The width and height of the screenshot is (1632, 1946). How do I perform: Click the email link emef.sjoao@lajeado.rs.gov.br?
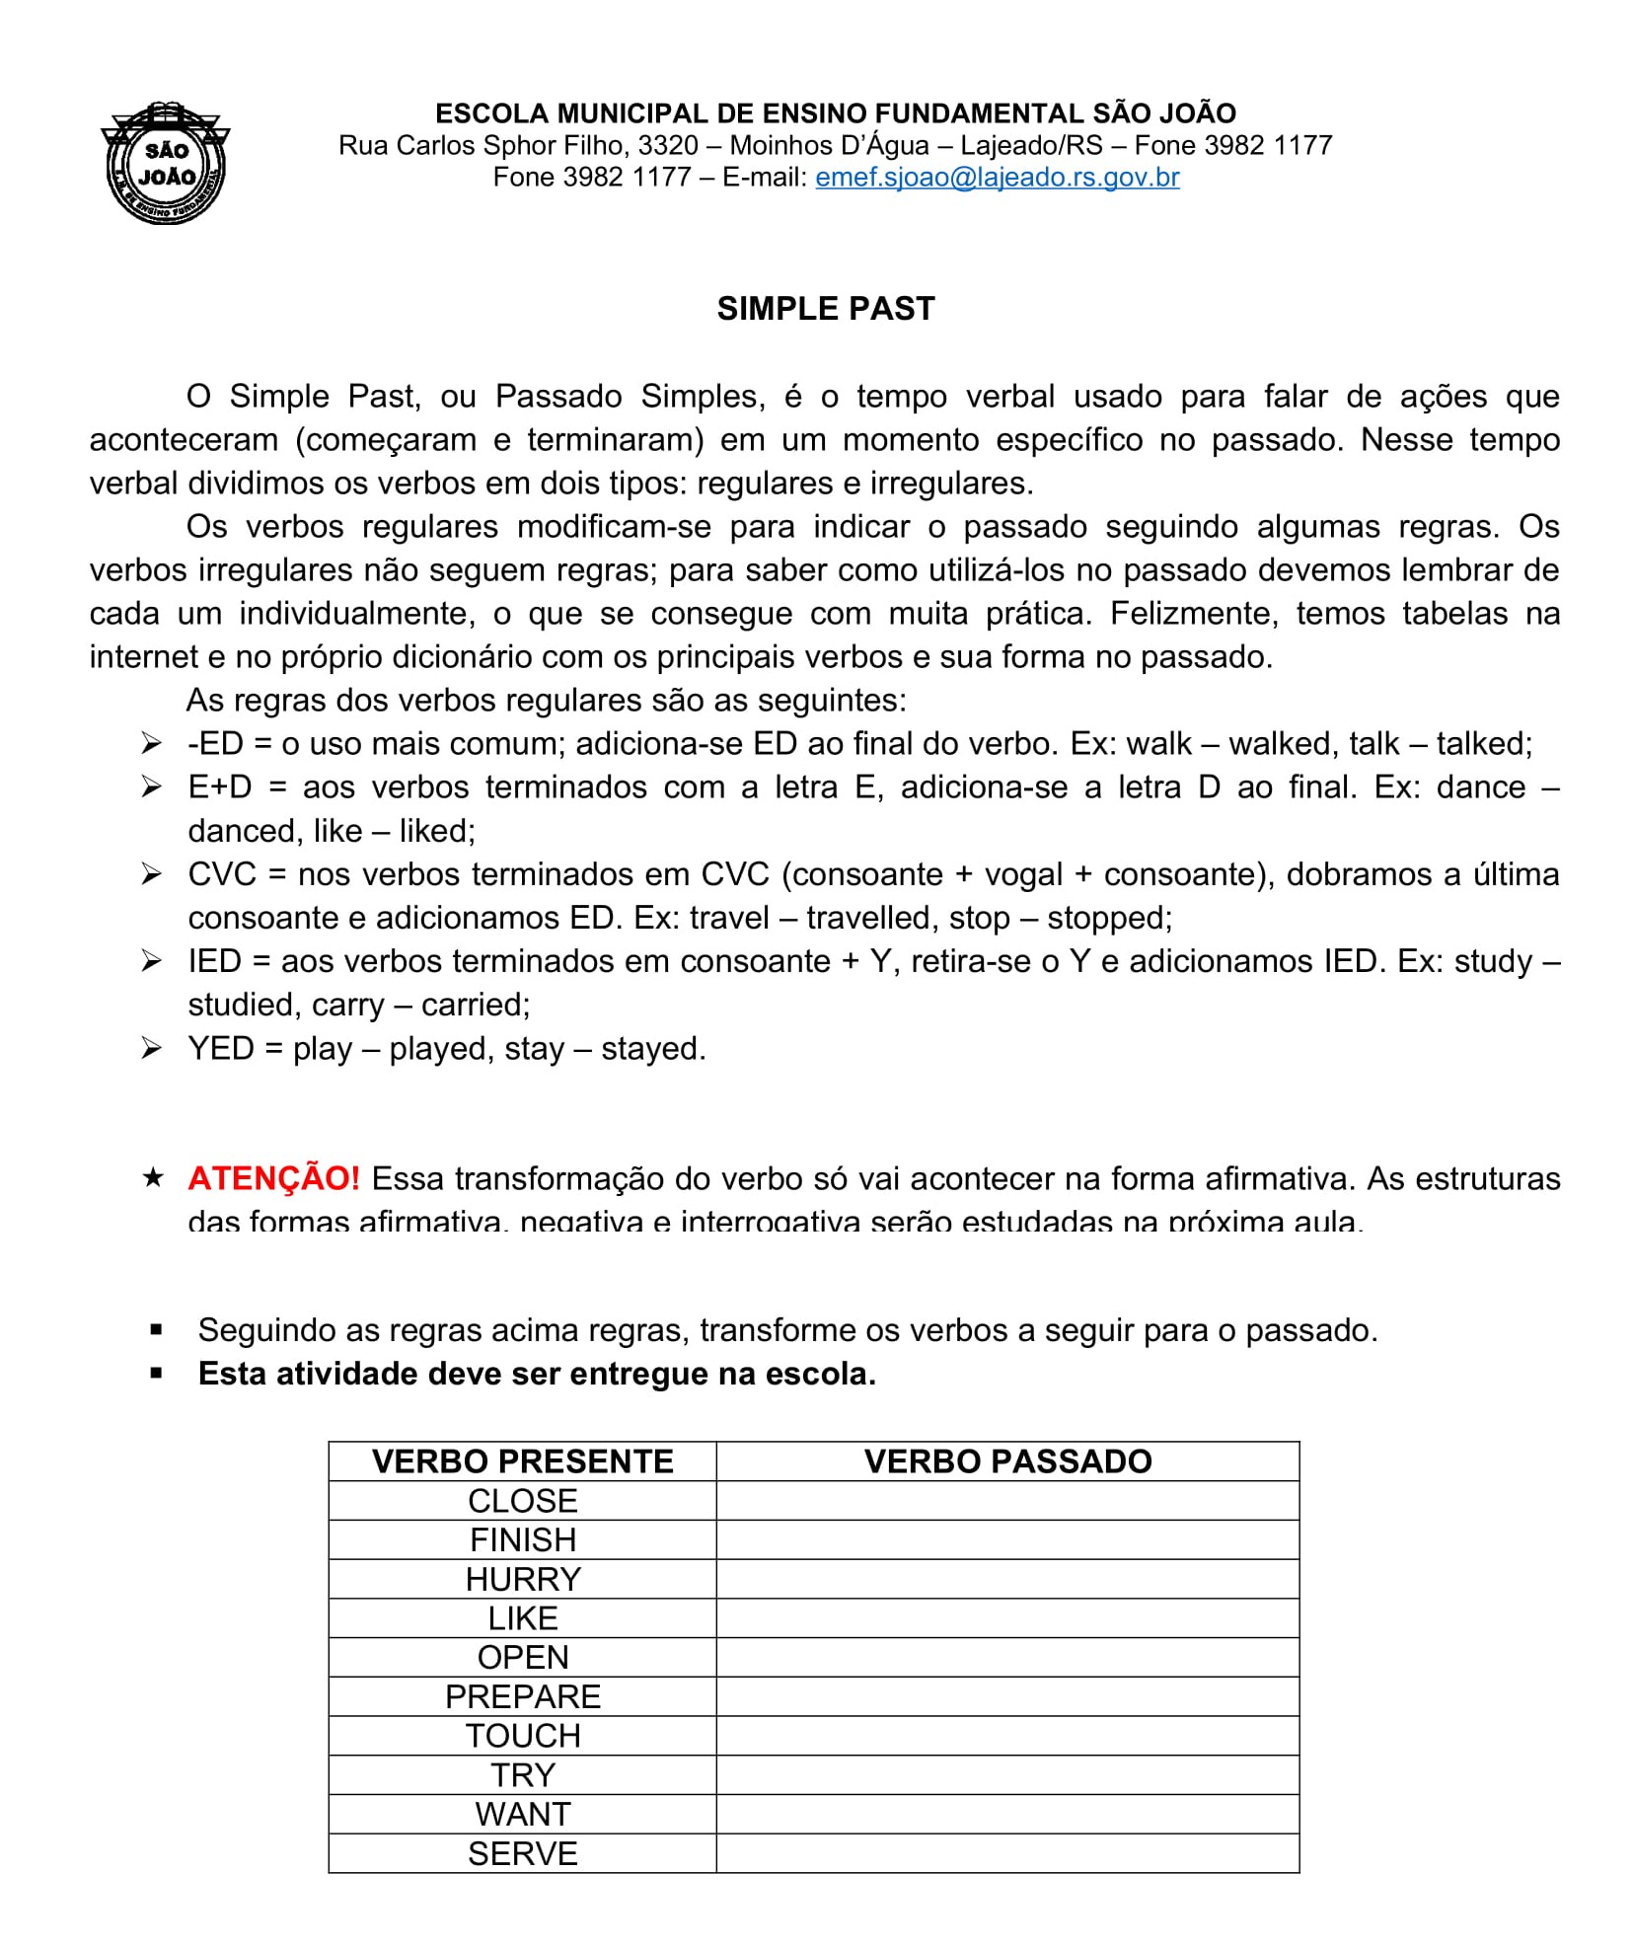click(x=997, y=178)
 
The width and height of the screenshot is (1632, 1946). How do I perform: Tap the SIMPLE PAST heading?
click(x=825, y=309)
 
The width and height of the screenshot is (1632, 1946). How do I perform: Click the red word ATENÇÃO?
click(x=273, y=1178)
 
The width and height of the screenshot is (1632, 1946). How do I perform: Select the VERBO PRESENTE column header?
click(x=522, y=1461)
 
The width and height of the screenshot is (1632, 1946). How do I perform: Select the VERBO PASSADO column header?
click(x=1007, y=1461)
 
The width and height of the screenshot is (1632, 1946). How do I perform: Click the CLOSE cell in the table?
click(x=522, y=1501)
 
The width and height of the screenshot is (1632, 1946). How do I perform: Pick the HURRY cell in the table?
click(x=522, y=1579)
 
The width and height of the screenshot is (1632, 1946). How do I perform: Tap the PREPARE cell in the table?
click(x=522, y=1696)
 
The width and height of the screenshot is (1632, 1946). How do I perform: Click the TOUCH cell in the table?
click(x=522, y=1736)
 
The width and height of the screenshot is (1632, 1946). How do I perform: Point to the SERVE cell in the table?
click(x=522, y=1853)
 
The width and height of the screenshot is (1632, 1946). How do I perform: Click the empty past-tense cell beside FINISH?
click(x=1007, y=1540)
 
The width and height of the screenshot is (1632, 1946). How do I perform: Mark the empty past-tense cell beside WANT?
click(x=1007, y=1814)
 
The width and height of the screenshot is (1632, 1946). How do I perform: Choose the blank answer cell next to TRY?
click(x=1007, y=1775)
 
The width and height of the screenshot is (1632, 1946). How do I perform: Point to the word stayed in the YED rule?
click(x=652, y=1048)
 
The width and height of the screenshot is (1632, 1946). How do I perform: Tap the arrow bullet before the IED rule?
click(x=151, y=961)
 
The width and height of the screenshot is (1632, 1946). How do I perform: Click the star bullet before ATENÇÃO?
click(x=153, y=1177)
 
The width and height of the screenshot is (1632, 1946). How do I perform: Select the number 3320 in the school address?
click(x=668, y=146)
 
